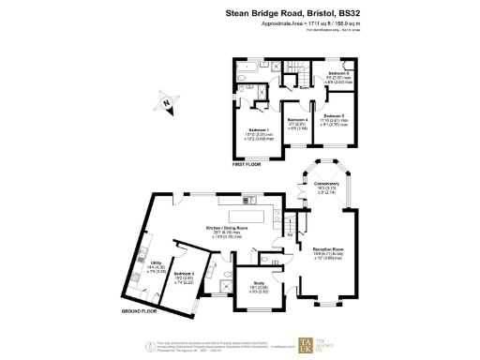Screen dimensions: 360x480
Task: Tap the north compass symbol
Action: [166, 104]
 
